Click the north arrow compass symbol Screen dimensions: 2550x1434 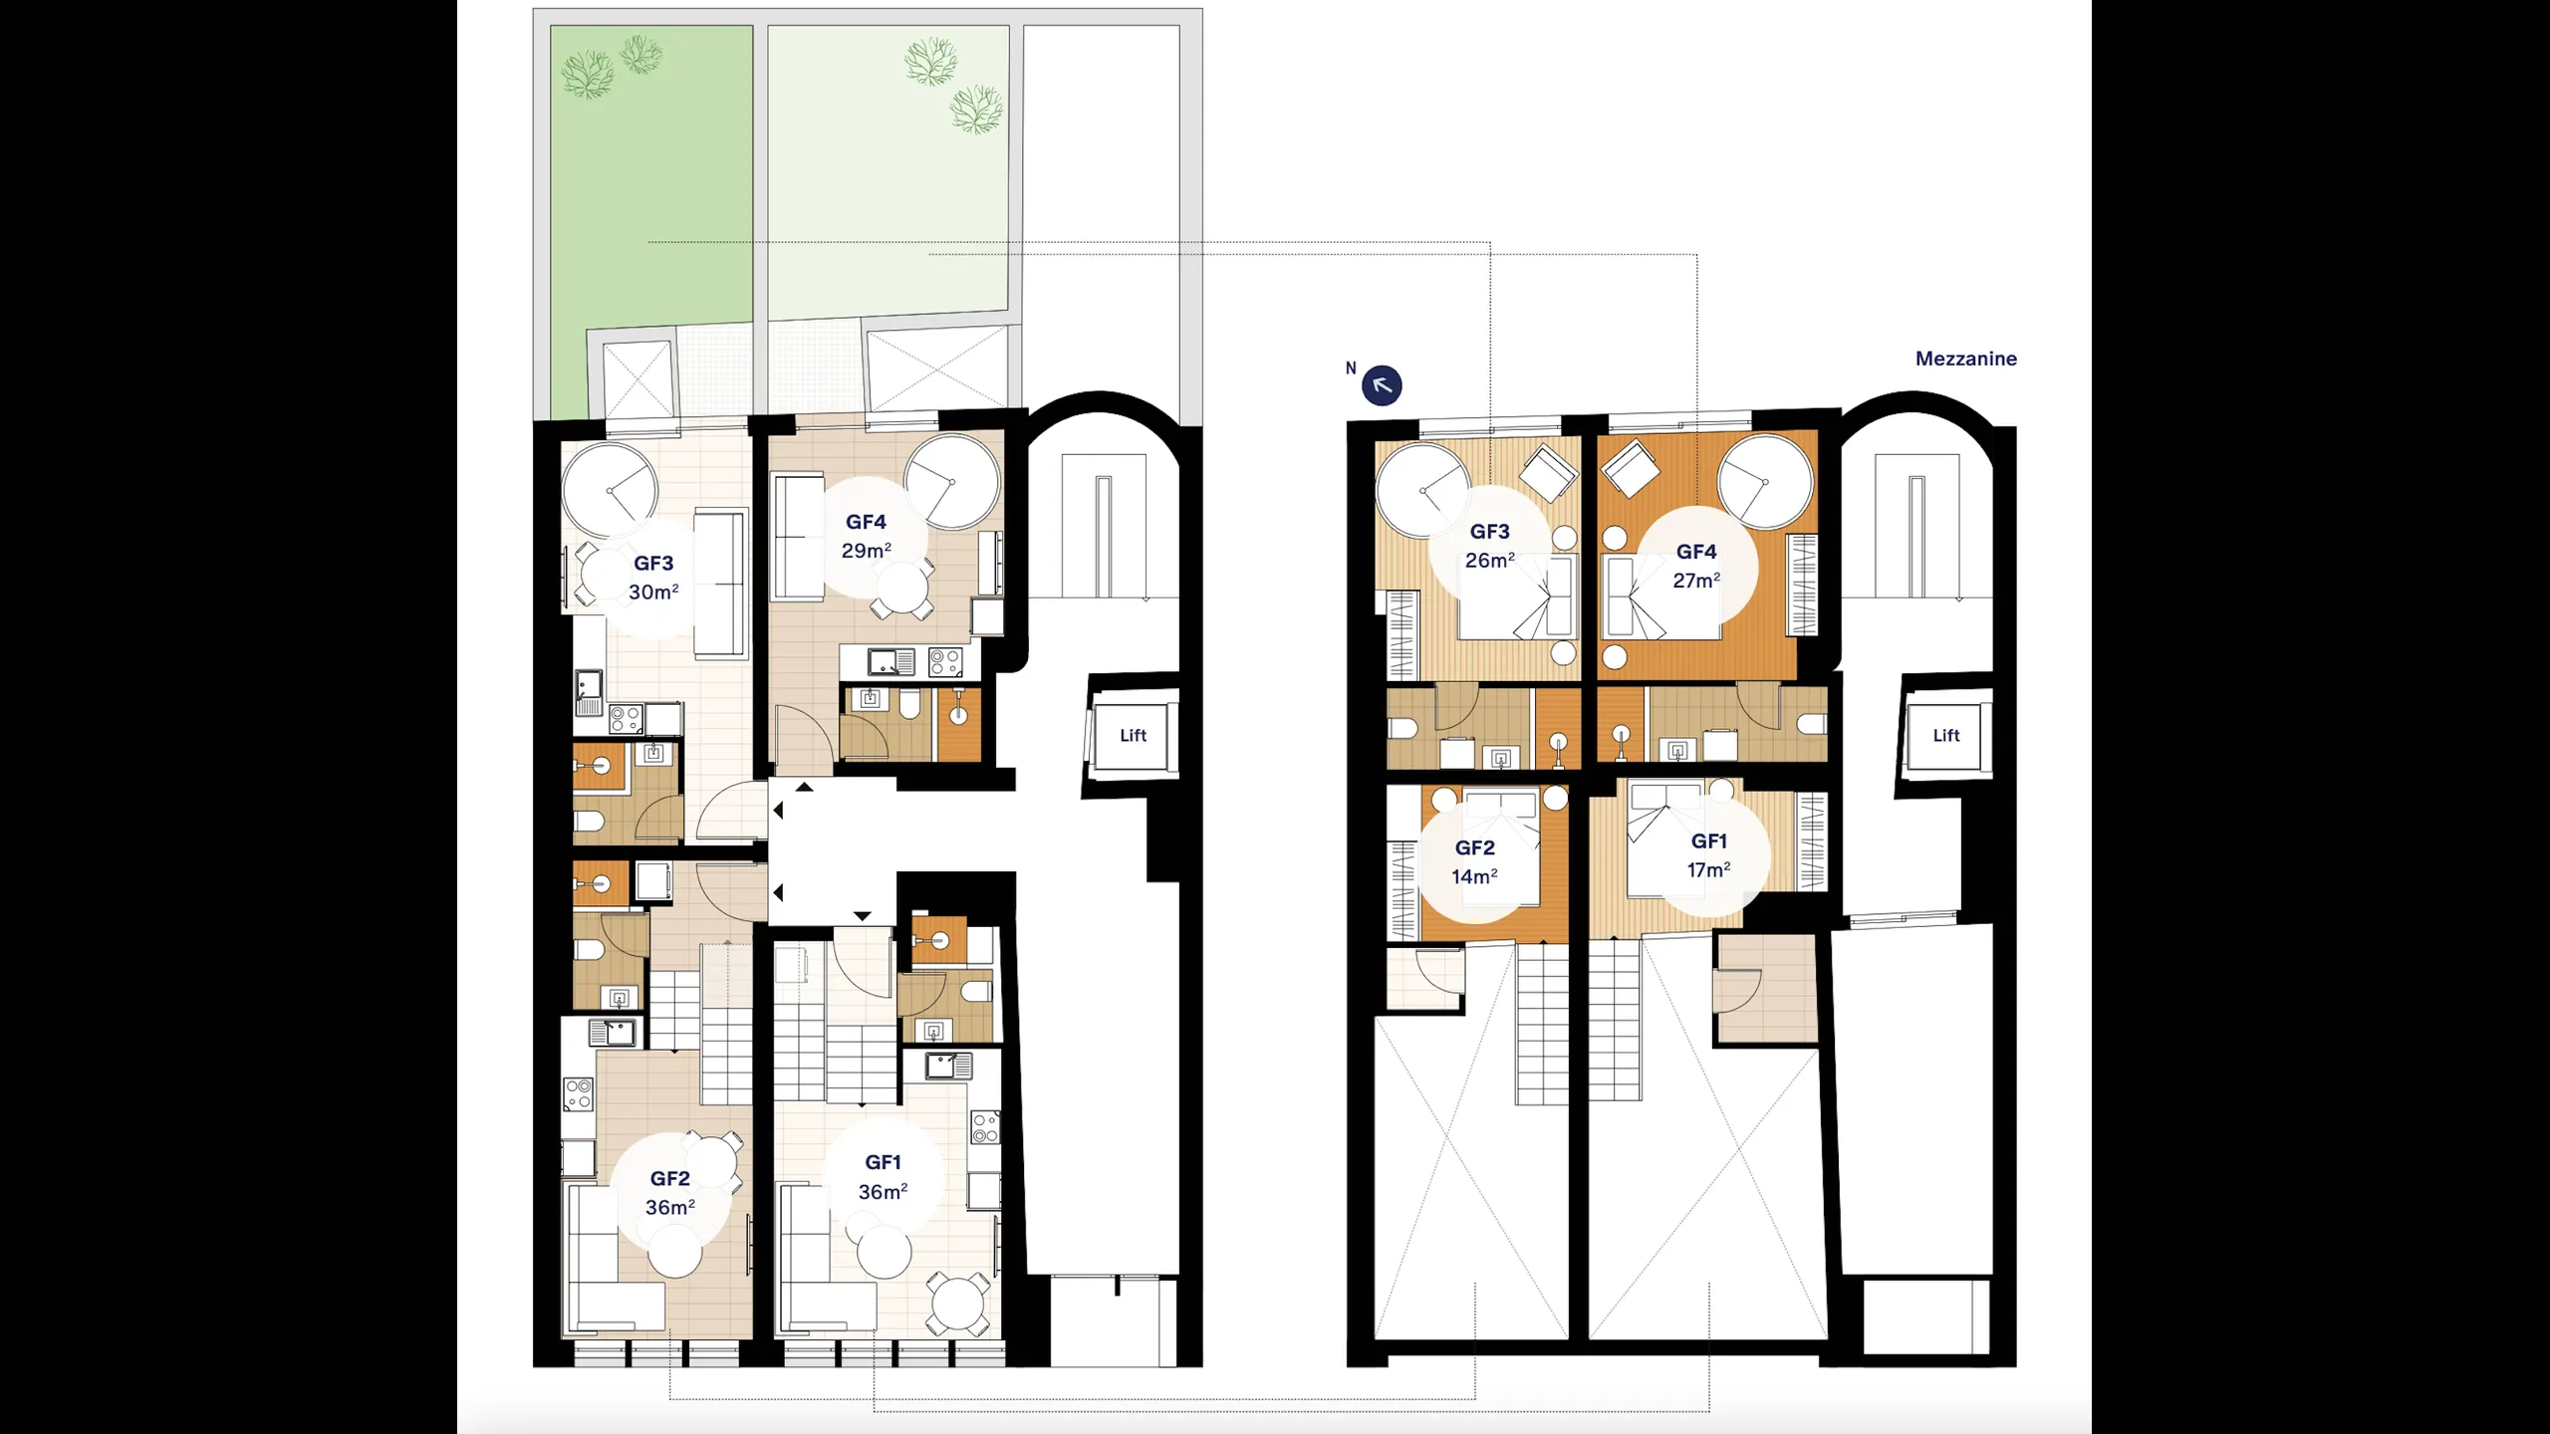click(x=1382, y=385)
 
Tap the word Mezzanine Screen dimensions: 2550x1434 click(x=1965, y=358)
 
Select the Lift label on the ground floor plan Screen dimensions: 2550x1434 click(x=1133, y=735)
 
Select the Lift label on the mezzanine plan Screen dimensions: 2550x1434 click(x=1945, y=735)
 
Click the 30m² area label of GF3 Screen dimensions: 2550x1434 click(x=653, y=592)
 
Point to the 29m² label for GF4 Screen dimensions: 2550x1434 click(x=866, y=550)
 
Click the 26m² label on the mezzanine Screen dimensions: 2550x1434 click(x=1489, y=560)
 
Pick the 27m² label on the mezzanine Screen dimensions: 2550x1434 click(x=1696, y=580)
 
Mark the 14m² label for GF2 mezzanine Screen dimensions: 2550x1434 click(x=1474, y=876)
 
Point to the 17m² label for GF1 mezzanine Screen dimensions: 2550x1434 click(x=1708, y=869)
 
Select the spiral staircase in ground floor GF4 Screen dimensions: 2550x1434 click(x=952, y=482)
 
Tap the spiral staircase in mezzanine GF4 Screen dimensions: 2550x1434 click(x=1765, y=482)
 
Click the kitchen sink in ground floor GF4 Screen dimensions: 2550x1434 click(x=892, y=661)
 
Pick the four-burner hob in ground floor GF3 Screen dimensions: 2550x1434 click(x=626, y=718)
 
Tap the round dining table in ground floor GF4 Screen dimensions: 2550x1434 click(x=900, y=589)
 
